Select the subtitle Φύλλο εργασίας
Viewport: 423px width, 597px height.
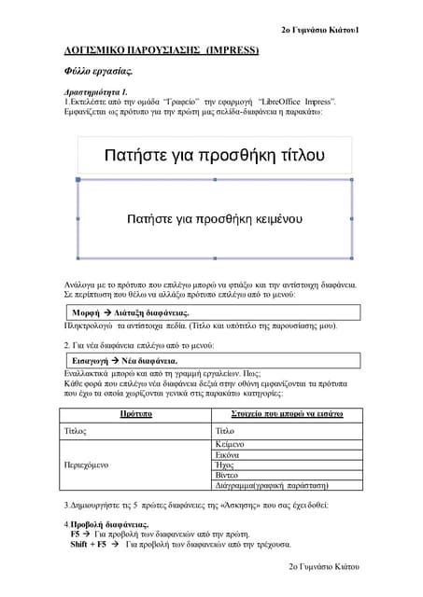click(x=91, y=70)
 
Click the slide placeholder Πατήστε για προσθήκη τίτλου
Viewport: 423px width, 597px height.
click(x=214, y=154)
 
